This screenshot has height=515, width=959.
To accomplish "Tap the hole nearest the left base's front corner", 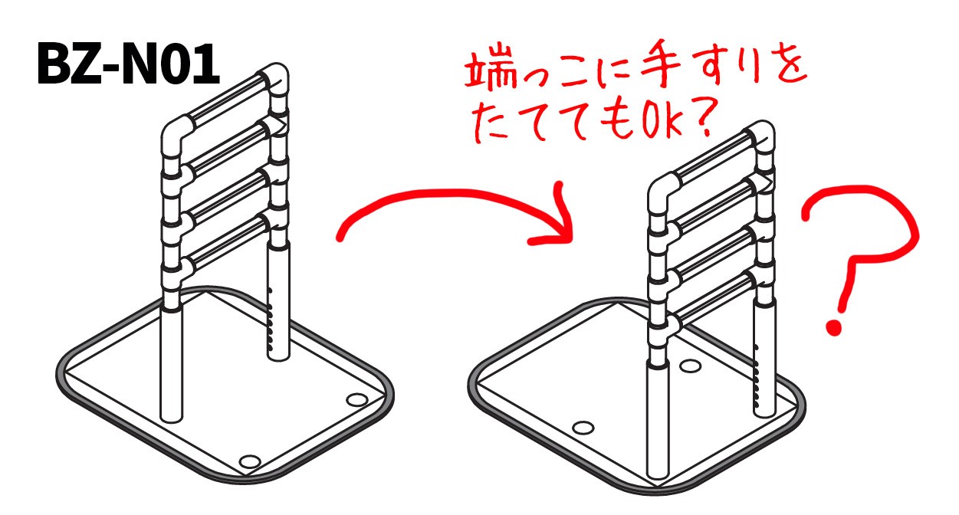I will (249, 461).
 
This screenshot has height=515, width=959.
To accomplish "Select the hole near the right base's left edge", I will (585, 427).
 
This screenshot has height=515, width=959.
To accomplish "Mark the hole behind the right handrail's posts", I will (690, 367).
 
